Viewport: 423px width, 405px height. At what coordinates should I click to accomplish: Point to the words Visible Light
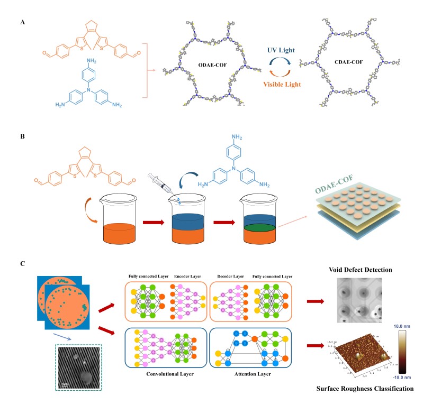(x=284, y=82)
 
